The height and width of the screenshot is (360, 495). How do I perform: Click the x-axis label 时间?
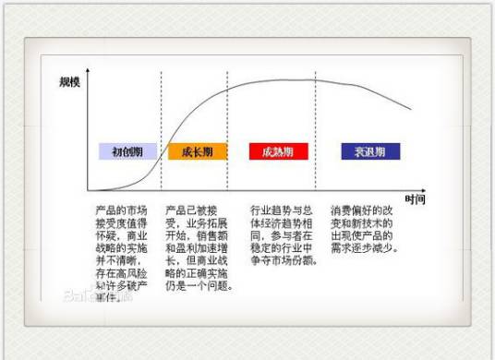[x=415, y=199]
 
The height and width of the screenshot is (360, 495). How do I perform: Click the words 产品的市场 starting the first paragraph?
[x=118, y=210]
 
